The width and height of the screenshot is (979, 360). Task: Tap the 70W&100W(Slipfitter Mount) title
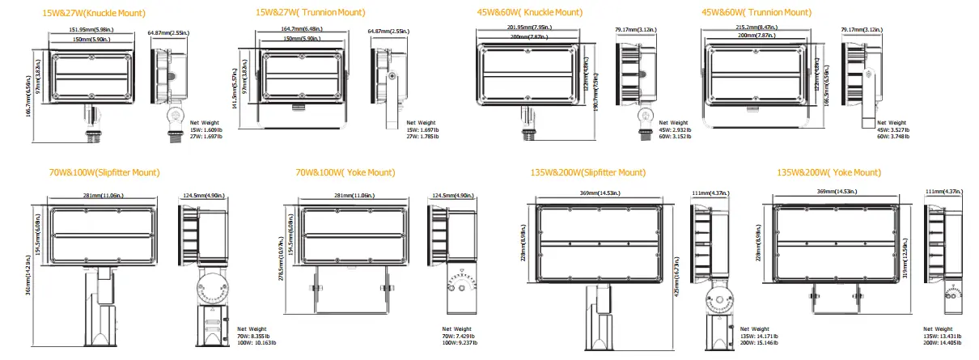click(104, 172)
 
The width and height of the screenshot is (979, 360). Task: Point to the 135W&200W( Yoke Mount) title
click(829, 172)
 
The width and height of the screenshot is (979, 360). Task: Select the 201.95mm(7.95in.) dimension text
click(524, 27)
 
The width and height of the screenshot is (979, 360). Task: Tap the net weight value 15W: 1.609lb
click(197, 129)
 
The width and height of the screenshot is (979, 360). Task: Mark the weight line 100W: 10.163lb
click(256, 343)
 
